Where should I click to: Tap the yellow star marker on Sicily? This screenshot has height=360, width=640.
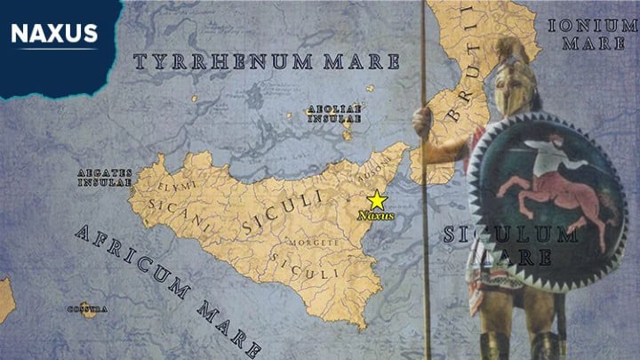point(377,200)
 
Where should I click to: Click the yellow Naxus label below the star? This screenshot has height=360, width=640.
point(376,215)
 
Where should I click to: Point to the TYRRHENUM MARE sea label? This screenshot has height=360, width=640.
point(266,62)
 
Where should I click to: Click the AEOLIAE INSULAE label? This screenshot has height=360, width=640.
point(334,113)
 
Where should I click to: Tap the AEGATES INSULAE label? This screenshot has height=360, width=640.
point(104,177)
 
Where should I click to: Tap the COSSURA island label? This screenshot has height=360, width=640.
point(87,308)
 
